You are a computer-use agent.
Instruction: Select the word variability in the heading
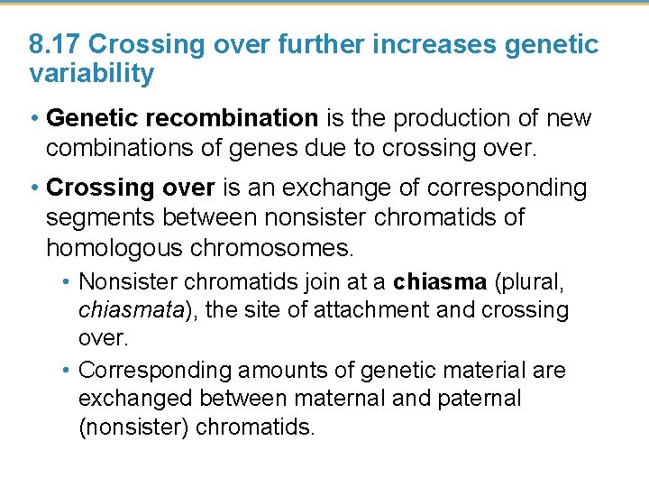pos(91,74)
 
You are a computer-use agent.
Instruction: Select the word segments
pos(99,217)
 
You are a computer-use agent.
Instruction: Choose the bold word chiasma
pos(441,281)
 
